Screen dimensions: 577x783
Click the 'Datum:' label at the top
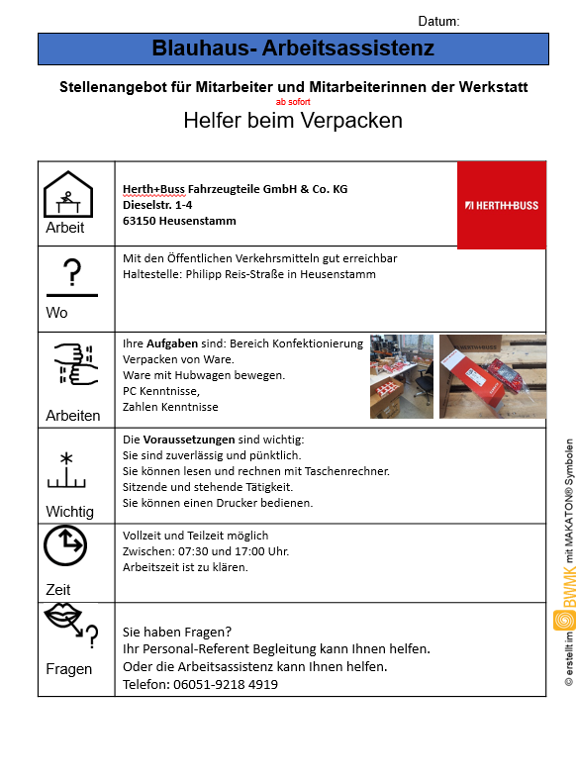tap(438, 21)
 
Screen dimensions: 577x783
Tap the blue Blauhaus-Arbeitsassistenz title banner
tap(294, 49)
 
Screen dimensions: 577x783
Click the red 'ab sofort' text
tap(293, 102)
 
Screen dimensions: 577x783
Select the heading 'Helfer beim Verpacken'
tap(293, 121)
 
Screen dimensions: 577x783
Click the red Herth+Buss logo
tap(502, 205)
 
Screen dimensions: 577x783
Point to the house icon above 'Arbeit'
tap(68, 194)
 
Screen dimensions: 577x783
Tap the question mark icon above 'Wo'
tap(72, 272)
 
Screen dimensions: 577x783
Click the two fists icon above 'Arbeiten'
tap(76, 363)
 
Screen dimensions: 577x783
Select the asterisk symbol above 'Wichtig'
tap(66, 458)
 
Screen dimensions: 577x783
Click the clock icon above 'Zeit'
tap(65, 544)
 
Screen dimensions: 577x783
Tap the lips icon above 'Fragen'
tap(62, 616)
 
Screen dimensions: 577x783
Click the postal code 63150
tap(140, 221)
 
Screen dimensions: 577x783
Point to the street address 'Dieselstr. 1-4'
tap(157, 205)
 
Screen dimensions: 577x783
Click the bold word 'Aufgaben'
tap(172, 343)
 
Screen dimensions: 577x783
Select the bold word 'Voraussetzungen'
tap(189, 440)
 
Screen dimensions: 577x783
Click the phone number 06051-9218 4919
tap(226, 684)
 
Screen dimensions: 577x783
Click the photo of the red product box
tap(493, 376)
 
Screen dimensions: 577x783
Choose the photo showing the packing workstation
tap(402, 376)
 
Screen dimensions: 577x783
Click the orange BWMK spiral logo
tap(564, 620)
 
